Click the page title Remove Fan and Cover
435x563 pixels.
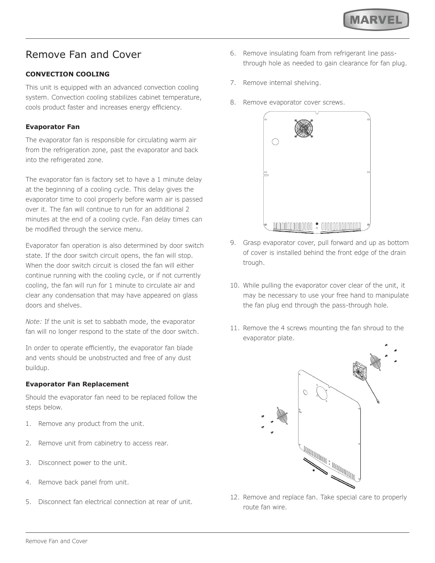(83, 55)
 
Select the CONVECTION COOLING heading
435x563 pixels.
(68, 74)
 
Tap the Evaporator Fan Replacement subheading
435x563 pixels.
(77, 384)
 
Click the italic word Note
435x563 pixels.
(33, 322)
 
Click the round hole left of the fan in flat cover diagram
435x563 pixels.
(275, 141)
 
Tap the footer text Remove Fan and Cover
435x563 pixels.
(57, 541)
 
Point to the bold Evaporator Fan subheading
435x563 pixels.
(53, 127)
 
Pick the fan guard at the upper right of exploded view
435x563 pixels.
(375, 363)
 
